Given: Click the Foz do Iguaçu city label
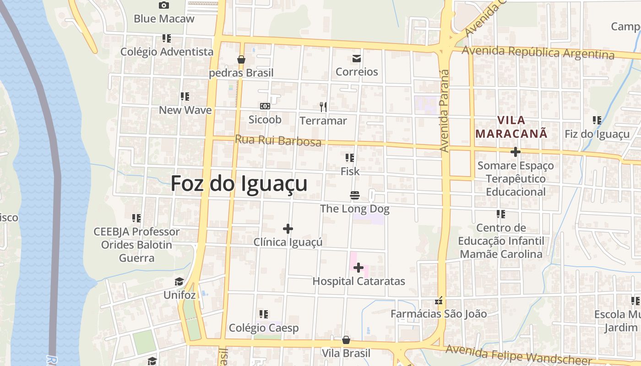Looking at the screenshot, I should click(239, 184).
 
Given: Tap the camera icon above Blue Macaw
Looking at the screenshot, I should click(164, 5).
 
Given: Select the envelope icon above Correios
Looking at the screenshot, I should click(356, 58).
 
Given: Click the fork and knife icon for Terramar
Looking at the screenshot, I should click(323, 107).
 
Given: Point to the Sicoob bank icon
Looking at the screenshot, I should click(265, 106).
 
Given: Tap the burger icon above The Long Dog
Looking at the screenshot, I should click(354, 195).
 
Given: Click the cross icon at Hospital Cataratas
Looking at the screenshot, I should click(359, 268).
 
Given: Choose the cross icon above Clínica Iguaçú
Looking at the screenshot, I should click(288, 228).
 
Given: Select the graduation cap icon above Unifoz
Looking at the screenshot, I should click(179, 281).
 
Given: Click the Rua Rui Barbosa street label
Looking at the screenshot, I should click(278, 140).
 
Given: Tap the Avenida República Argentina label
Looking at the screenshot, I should click(538, 53).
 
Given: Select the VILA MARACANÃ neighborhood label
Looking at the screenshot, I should click(511, 127).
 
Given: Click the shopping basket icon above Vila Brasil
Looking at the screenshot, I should click(346, 340).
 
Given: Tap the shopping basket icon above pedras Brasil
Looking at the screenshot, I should click(241, 59).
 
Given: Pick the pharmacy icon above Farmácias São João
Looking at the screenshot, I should click(439, 301).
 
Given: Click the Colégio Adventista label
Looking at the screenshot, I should click(167, 52).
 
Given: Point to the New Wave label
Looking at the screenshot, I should click(185, 110).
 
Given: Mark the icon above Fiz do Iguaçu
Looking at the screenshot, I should click(597, 120).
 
